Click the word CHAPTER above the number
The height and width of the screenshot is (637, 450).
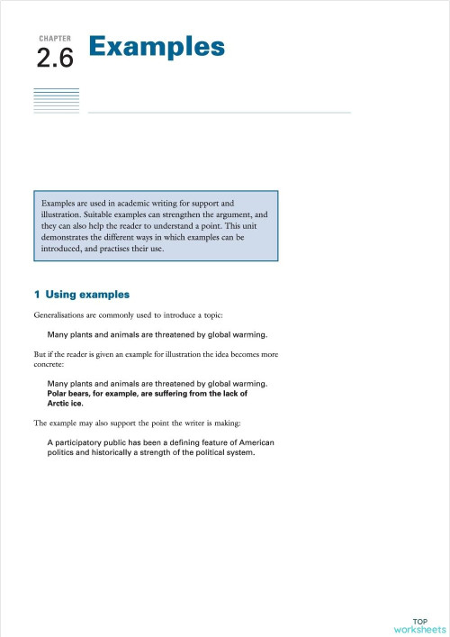tap(56, 40)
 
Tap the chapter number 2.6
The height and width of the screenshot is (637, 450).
tap(55, 59)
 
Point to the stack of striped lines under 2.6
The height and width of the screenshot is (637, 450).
tap(56, 100)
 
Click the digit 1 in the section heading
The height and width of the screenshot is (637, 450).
tap(36, 295)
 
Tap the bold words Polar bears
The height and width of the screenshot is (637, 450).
tap(71, 394)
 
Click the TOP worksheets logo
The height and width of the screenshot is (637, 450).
tap(419, 625)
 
